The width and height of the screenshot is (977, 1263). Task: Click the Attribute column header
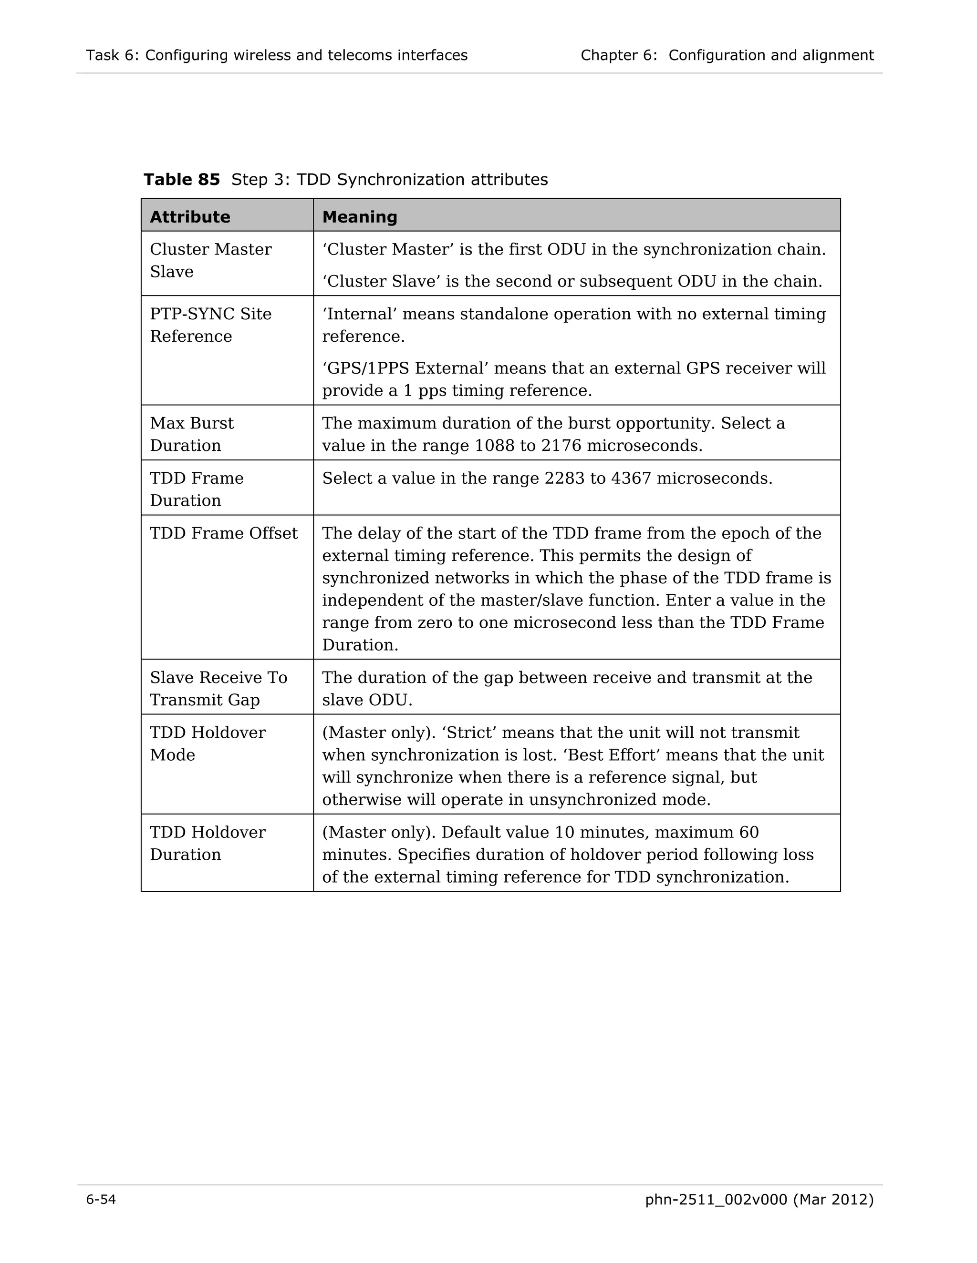point(190,217)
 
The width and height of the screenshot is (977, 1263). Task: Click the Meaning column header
point(359,217)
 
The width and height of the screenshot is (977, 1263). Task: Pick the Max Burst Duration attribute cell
point(192,434)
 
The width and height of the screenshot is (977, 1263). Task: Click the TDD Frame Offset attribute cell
point(223,533)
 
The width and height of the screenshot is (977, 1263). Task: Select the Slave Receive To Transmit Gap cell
point(218,689)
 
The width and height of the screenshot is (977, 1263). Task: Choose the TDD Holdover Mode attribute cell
point(207,744)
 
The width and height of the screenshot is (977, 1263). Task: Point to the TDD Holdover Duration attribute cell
point(207,843)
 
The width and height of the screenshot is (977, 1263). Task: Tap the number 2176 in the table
point(561,446)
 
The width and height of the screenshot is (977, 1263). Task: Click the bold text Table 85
point(182,180)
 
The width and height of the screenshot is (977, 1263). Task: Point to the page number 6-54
point(101,1200)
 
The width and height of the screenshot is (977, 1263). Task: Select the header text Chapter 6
point(618,55)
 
